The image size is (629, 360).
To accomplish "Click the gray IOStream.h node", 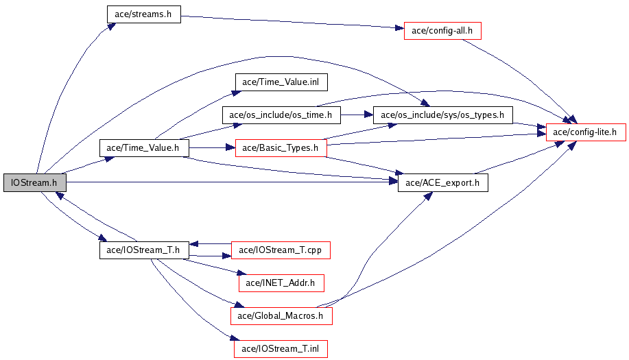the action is coord(35,183).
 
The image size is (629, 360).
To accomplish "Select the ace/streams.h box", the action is coord(143,14).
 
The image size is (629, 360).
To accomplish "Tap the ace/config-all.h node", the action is coord(442,31).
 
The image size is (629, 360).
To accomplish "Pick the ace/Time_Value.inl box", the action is coord(281,82).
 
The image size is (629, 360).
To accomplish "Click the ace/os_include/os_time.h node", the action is coord(281,115).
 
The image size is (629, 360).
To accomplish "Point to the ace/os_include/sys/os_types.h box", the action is coord(443,115).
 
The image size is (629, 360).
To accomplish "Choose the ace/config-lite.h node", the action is coord(586,132).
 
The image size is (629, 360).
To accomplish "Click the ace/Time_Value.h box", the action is coord(144,148).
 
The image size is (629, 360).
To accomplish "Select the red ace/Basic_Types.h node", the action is coord(281,148).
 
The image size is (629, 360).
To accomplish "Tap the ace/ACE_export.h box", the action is coord(443,183).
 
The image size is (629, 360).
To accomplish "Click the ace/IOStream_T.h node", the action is coord(144,250).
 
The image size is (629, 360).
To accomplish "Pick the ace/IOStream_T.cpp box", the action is coord(281,250).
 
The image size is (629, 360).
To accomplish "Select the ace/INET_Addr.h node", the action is coord(281,283).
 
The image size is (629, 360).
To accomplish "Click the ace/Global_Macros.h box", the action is coord(281,316).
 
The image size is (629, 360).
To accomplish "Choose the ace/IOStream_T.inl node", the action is coord(281,349).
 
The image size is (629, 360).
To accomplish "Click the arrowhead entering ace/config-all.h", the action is coord(399,28).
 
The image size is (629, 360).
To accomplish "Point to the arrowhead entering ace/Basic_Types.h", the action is coord(230,148).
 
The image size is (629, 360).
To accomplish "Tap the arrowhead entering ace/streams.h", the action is coord(111,27).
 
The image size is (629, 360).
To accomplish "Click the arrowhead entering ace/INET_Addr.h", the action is coord(242,274).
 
